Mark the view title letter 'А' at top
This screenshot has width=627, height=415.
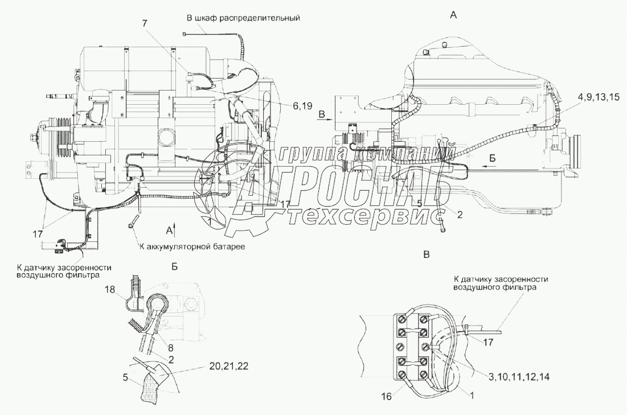click(453, 15)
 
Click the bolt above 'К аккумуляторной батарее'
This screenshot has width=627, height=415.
click(134, 221)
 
